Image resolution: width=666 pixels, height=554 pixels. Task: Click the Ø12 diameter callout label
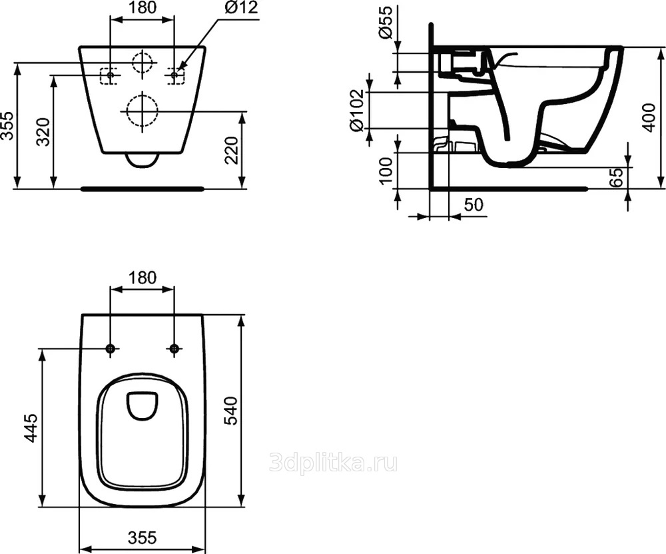coord(241,7)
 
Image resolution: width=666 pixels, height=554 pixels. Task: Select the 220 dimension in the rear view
coord(232,149)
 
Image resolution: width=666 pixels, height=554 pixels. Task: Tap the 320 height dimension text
coord(43,132)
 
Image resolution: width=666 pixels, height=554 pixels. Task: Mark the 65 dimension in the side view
coord(615,177)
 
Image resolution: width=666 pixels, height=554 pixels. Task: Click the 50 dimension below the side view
coord(473,205)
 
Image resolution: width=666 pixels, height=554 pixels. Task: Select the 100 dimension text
coord(386,170)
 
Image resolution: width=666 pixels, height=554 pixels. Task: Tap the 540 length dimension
coord(232,410)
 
